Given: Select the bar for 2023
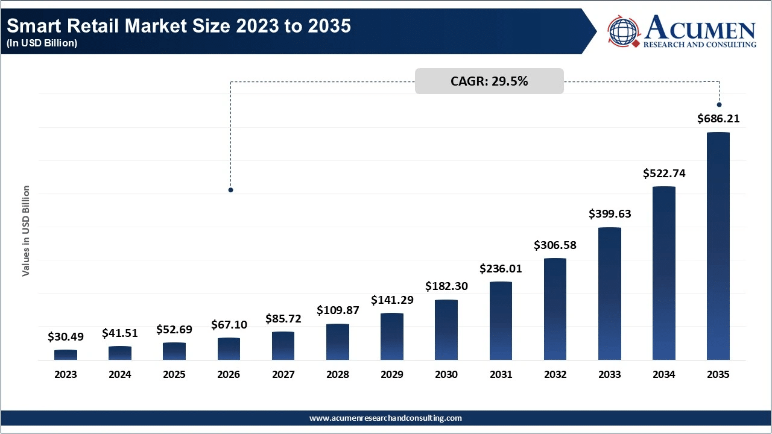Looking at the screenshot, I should [x=66, y=354].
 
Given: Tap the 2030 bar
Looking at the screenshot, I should [x=446, y=330].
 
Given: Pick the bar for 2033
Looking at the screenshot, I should [x=609, y=294].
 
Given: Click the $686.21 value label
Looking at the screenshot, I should [x=718, y=119].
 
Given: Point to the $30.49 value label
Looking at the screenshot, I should [x=66, y=336].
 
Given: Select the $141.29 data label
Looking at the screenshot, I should [x=392, y=300].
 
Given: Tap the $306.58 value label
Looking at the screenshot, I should [x=555, y=245].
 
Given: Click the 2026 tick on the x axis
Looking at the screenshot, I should [x=229, y=374].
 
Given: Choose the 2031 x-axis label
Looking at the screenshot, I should [x=501, y=374].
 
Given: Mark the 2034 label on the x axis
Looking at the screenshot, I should [x=663, y=374].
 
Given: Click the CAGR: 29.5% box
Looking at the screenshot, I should [x=489, y=81].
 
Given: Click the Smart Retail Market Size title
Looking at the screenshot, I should [x=178, y=26].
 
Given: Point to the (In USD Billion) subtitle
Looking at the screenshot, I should [x=42, y=43].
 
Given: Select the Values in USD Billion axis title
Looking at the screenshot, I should [x=26, y=231].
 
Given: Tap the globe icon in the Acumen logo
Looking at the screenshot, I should [x=624, y=31].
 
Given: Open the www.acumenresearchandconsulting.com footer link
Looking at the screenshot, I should [x=385, y=418].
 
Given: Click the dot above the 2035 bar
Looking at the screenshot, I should [x=719, y=105].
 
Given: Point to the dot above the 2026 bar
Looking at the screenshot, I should [x=230, y=190].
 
